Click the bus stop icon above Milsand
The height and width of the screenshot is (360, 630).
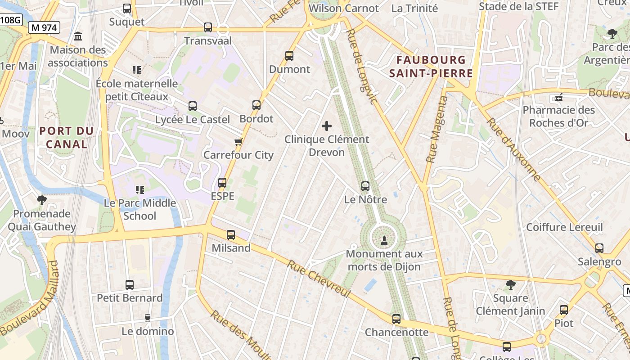(231, 234)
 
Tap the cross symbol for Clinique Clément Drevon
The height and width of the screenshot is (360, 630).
(327, 126)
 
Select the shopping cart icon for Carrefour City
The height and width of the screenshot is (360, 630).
(238, 142)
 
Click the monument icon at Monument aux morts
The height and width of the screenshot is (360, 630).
(384, 241)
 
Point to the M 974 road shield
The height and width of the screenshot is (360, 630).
(45, 27)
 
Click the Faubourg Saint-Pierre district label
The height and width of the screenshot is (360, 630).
(431, 67)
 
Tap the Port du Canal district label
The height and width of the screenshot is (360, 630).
(67, 138)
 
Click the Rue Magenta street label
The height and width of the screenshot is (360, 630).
(437, 130)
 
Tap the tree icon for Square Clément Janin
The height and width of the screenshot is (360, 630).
(510, 284)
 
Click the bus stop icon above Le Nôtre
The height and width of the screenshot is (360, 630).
(365, 186)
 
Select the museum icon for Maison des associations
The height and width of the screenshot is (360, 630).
(78, 36)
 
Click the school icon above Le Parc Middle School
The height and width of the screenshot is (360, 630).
(139, 190)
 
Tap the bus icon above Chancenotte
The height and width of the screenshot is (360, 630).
(396, 319)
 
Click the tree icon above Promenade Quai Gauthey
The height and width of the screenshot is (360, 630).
(42, 200)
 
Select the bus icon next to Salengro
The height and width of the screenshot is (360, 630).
(599, 248)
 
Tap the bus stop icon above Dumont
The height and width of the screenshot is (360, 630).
(289, 56)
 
